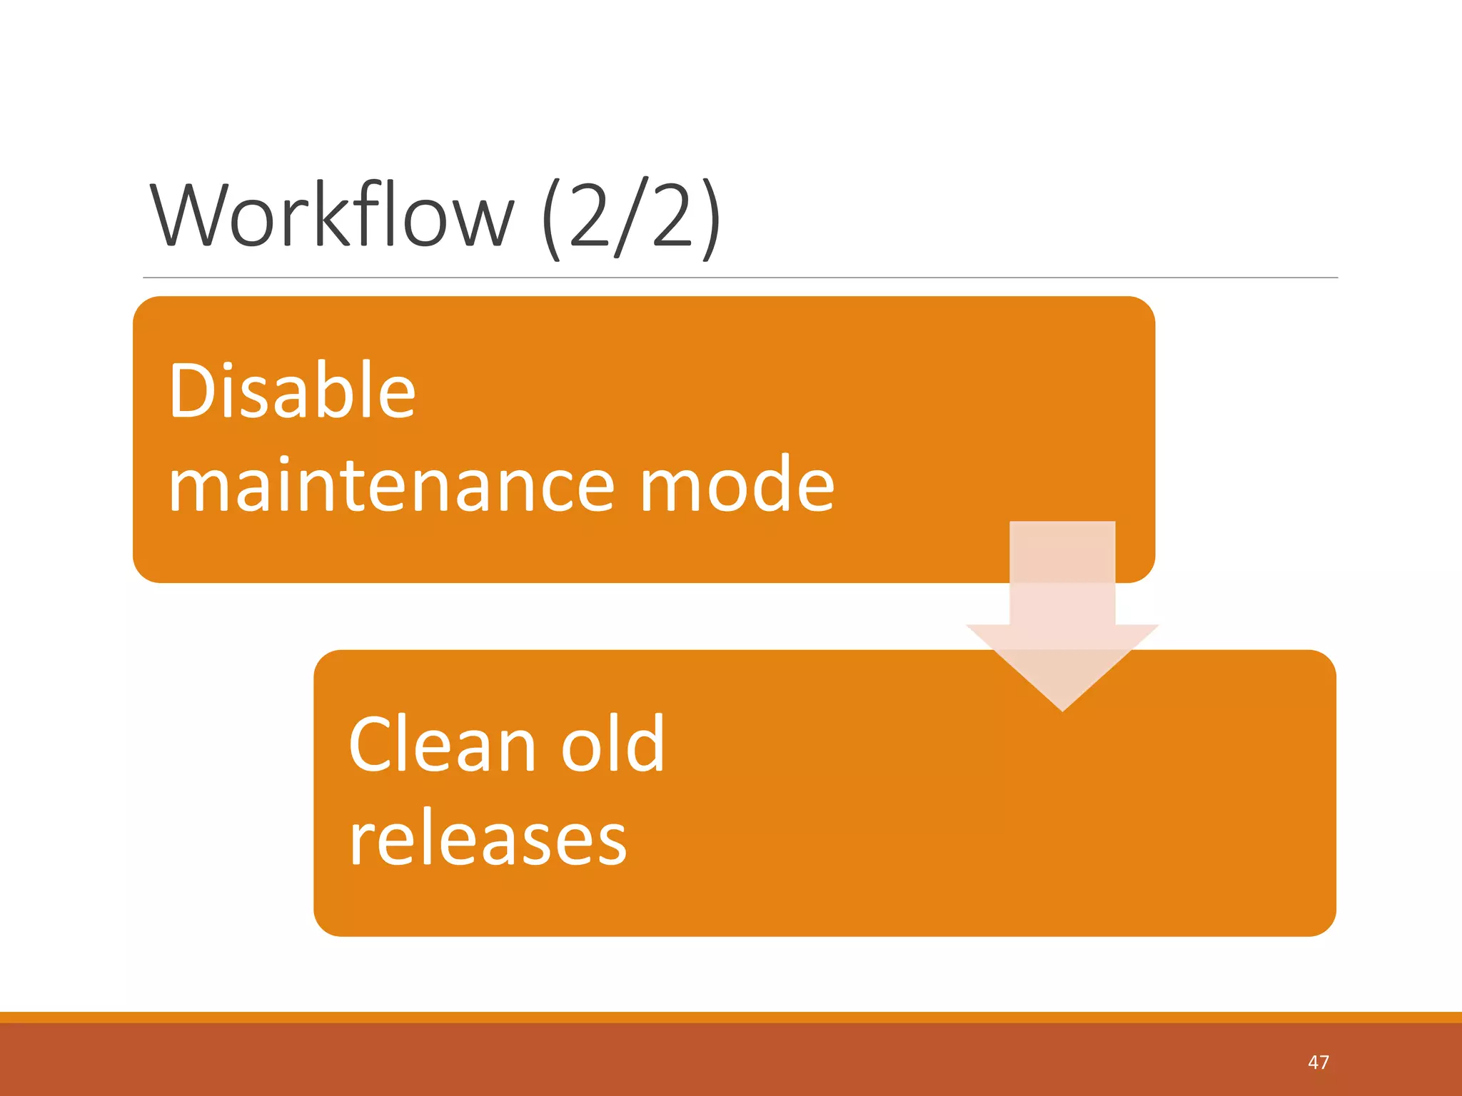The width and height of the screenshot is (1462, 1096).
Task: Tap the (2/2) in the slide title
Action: [x=631, y=218]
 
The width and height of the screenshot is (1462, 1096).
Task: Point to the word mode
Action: [x=737, y=485]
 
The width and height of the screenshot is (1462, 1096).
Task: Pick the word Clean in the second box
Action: [x=442, y=745]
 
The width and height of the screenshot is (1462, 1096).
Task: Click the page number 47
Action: [x=1318, y=1062]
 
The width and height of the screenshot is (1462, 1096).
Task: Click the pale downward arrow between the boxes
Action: [x=1062, y=607]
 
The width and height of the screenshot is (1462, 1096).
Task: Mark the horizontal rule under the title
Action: [x=740, y=278]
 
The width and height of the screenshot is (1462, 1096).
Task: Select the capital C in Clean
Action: [x=371, y=745]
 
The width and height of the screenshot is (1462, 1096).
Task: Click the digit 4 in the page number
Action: [x=1313, y=1062]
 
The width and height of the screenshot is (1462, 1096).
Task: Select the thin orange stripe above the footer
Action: [x=731, y=1017]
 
